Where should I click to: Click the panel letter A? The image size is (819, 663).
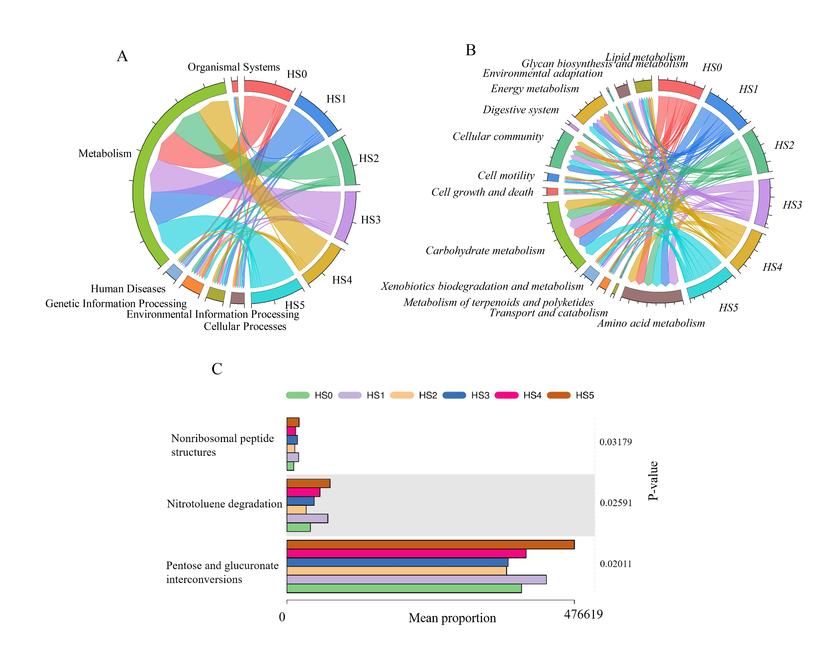(x=122, y=56)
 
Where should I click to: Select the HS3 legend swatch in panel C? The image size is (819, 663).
(x=454, y=395)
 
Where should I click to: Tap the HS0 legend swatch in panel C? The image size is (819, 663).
(x=297, y=395)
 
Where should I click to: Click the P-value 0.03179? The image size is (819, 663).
(x=616, y=442)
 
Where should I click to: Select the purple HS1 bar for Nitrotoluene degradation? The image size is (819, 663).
(x=307, y=518)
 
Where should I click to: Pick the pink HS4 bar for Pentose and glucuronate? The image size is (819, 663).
(x=406, y=553)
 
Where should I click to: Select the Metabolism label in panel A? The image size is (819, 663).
(x=105, y=154)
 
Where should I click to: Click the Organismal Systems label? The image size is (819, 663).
(x=234, y=67)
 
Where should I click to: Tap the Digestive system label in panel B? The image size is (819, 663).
(x=521, y=110)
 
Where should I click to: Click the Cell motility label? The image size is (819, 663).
(x=506, y=176)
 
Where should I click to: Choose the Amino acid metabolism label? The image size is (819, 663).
(x=651, y=323)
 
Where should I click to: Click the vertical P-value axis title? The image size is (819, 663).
(x=653, y=481)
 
